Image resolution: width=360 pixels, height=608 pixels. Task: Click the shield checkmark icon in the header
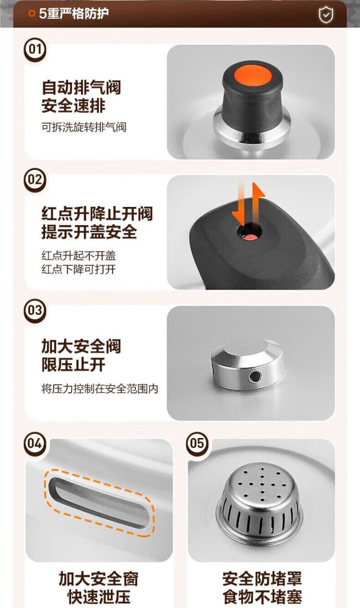(326, 15)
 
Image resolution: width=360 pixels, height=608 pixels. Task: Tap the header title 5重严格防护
(74, 13)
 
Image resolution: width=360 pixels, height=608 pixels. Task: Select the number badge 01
(35, 50)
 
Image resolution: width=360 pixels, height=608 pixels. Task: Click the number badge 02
(35, 180)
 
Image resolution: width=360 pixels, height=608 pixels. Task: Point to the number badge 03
(35, 311)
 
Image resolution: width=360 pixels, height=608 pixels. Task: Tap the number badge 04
(35, 444)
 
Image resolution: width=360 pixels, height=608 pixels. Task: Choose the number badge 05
(197, 444)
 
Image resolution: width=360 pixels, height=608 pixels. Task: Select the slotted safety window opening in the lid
(98, 502)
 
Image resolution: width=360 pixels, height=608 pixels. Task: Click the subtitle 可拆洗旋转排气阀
(84, 127)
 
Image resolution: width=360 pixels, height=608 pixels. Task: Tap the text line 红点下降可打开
(79, 269)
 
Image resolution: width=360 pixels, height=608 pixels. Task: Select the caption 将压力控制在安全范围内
(99, 389)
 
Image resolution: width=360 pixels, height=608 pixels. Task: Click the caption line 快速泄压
(99, 596)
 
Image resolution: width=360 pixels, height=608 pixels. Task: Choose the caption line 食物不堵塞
(263, 596)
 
